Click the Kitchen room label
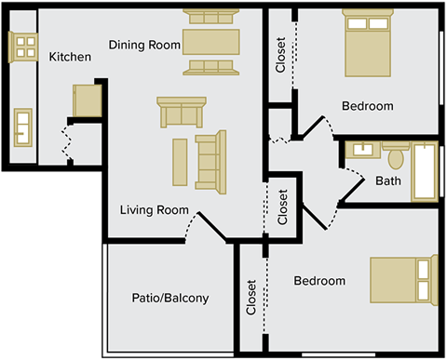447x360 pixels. pos(70,58)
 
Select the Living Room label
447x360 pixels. pos(155,209)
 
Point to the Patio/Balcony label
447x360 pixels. pos(169,299)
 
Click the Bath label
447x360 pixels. pos(388,180)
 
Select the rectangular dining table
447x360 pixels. pos(210,42)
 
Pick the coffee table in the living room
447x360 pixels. pos(180,161)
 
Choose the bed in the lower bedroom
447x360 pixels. pos(402,279)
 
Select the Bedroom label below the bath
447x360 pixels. pos(319,281)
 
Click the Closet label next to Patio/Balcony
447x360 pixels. pos(251,298)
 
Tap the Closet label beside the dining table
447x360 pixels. pos(281,55)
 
